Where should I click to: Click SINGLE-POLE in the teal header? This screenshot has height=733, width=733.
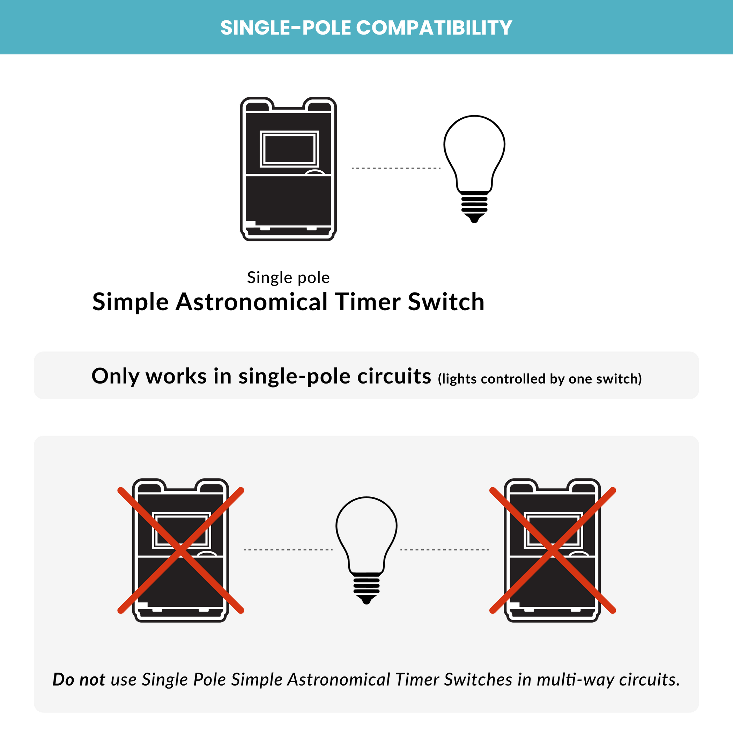click(286, 28)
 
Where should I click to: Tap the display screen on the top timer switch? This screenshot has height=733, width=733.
click(289, 149)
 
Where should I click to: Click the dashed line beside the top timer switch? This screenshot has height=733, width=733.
click(396, 168)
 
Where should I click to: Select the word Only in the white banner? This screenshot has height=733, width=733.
click(115, 376)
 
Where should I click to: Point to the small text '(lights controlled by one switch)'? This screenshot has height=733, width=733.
click(540, 379)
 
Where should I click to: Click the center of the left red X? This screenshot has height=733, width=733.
click(181, 550)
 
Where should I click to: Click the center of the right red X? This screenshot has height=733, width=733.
click(553, 550)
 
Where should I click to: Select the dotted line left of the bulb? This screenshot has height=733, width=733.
click(288, 549)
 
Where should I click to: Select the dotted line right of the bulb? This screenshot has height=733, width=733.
click(444, 549)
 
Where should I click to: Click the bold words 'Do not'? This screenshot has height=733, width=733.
click(79, 679)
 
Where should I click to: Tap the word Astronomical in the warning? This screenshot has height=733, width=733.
click(339, 679)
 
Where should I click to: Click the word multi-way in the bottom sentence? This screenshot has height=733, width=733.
click(575, 679)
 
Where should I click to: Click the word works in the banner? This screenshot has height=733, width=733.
click(176, 376)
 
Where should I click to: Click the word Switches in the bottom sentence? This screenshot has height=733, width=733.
click(478, 679)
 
